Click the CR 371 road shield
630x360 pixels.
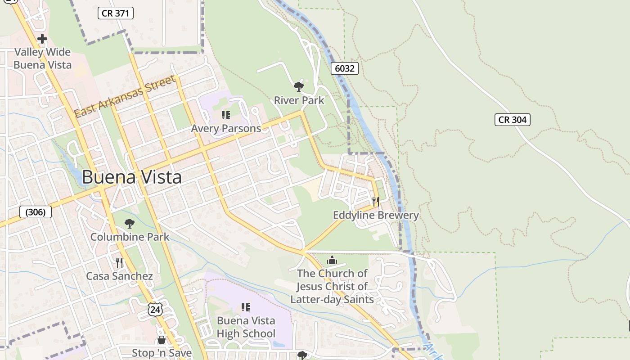tap(116, 13)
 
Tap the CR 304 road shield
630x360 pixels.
tap(512, 120)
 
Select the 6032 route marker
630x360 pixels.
tap(345, 68)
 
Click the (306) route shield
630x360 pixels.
tap(36, 212)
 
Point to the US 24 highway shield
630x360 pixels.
tap(155, 309)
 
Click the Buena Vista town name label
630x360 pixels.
tap(132, 177)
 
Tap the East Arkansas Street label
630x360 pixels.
tap(125, 96)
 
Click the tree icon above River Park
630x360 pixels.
tap(298, 86)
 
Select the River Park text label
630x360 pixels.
tap(299, 100)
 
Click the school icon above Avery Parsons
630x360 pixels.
tap(226, 115)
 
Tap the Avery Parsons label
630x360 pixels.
tap(226, 129)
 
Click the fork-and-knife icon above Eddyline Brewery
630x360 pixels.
tap(376, 201)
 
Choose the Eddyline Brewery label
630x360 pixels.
tap(376, 215)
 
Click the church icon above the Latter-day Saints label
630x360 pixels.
tap(332, 260)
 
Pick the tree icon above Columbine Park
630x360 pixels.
tap(130, 223)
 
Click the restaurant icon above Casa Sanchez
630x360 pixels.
tap(119, 262)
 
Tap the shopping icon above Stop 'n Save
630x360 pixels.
tap(162, 340)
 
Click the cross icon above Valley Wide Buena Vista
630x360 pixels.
tap(42, 39)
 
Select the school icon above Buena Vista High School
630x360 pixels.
tap(246, 307)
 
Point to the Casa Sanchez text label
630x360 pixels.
tap(119, 276)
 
